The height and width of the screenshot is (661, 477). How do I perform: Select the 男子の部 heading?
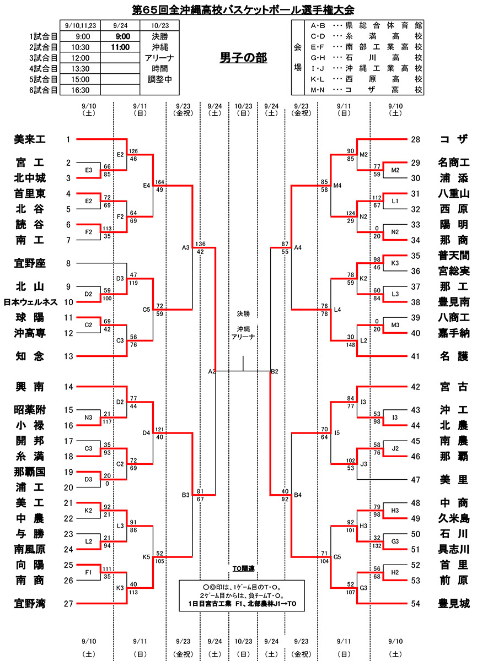pos(243,58)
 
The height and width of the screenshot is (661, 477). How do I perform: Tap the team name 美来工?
pos(30,140)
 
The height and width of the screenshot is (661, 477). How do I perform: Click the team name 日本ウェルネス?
pos(30,302)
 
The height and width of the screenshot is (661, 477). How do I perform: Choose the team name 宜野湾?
pos(30,604)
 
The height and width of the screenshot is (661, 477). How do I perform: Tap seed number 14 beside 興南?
pos(68,387)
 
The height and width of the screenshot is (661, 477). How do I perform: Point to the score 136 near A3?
pos(200,243)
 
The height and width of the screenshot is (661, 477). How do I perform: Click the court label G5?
pos(336,557)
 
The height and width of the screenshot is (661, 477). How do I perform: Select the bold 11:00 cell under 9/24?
pos(120,47)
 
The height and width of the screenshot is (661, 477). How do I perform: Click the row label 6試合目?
pos(44,90)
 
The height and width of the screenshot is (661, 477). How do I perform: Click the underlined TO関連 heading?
pos(243,568)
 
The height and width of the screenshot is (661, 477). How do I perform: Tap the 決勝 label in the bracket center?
pos(243,314)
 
